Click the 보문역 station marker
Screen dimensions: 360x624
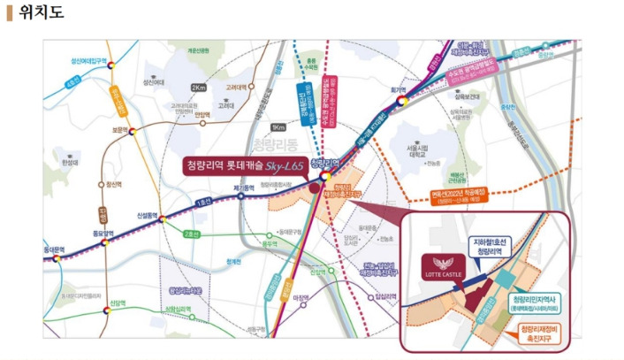pos(133,131)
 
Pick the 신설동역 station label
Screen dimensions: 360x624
pos(147,215)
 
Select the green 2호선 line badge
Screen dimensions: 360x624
pos(194,234)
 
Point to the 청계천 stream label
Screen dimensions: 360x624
pos(232,262)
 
